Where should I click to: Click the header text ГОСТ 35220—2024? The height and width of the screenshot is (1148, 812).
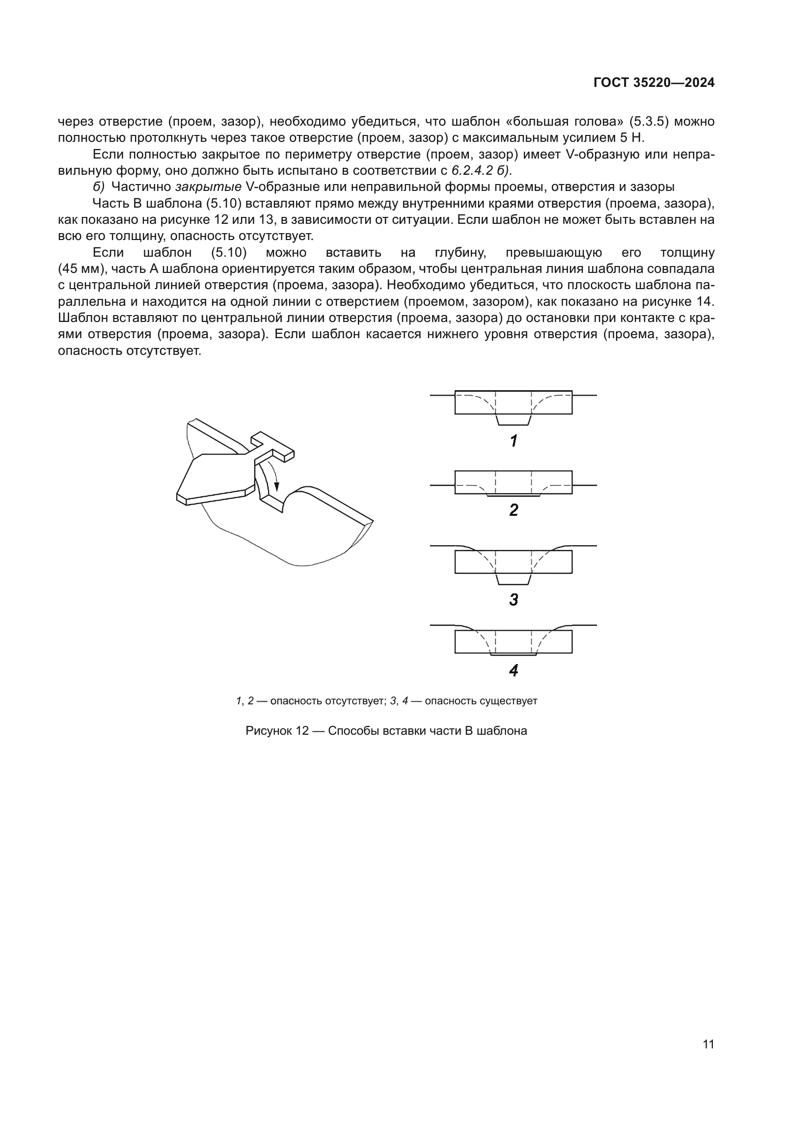[653, 83]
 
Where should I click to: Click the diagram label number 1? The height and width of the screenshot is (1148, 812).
[514, 441]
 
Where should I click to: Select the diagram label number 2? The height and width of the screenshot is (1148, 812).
[514, 510]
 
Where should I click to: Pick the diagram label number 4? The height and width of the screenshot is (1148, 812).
[514, 670]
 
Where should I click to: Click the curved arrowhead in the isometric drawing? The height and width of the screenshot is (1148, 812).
[276, 486]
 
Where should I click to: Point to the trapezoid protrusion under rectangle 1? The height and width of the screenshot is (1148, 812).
[514, 420]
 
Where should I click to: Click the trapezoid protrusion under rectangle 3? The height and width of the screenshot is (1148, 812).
[514, 579]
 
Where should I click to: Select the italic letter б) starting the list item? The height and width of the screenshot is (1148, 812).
[99, 187]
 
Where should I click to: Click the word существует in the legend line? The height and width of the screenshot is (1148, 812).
[508, 700]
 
